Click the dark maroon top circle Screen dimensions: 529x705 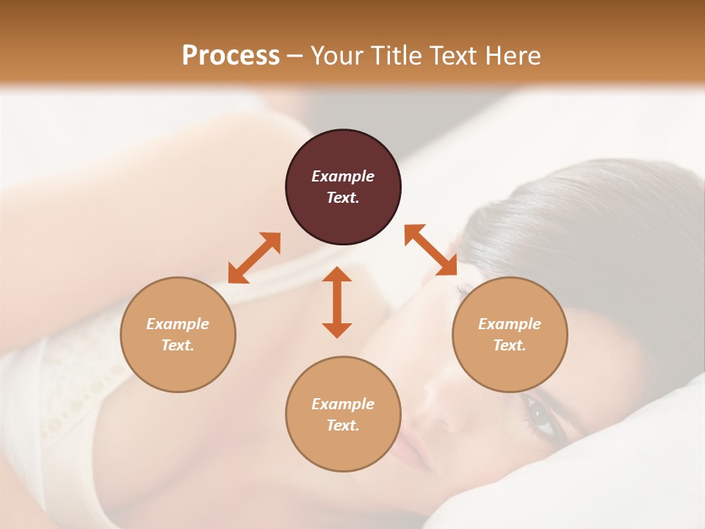click(x=343, y=187)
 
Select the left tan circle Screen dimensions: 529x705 click(x=178, y=334)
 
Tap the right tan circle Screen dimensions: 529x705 click(x=510, y=334)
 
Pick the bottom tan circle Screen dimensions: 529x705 click(x=343, y=414)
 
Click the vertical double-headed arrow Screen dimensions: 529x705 click(x=337, y=302)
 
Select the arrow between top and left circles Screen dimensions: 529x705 click(x=254, y=258)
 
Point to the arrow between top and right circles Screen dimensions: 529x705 click(x=431, y=251)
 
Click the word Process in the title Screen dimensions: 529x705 click(x=231, y=55)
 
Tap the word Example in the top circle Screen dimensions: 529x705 click(x=343, y=176)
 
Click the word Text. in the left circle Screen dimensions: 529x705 click(x=178, y=345)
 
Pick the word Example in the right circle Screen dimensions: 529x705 click(x=510, y=324)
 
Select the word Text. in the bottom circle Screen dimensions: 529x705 click(x=343, y=425)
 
